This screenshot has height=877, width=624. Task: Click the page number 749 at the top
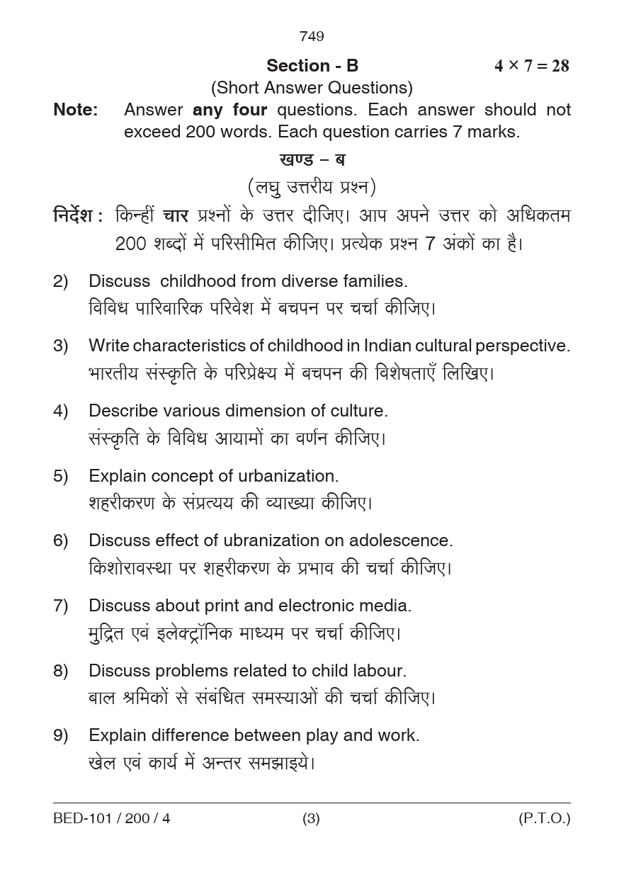pyautogui.click(x=312, y=36)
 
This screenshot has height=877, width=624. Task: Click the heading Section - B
pyautogui.click(x=312, y=66)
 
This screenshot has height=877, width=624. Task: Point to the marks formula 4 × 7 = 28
pyautogui.click(x=531, y=66)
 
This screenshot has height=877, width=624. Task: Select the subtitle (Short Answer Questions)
pyautogui.click(x=312, y=88)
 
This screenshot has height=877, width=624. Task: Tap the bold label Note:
pyautogui.click(x=76, y=110)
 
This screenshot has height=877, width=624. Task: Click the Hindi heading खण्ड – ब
pyautogui.click(x=312, y=159)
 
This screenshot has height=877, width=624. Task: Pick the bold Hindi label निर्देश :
pyautogui.click(x=79, y=215)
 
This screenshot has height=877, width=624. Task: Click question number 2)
pyautogui.click(x=61, y=281)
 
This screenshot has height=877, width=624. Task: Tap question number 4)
pyautogui.click(x=61, y=411)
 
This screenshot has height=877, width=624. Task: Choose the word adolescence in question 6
pyautogui.click(x=400, y=541)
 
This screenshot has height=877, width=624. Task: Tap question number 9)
pyautogui.click(x=61, y=735)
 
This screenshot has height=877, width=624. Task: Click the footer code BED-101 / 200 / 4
pyautogui.click(x=112, y=819)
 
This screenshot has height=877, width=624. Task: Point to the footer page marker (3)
pyautogui.click(x=312, y=819)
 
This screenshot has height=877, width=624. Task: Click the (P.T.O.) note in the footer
pyautogui.click(x=544, y=819)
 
